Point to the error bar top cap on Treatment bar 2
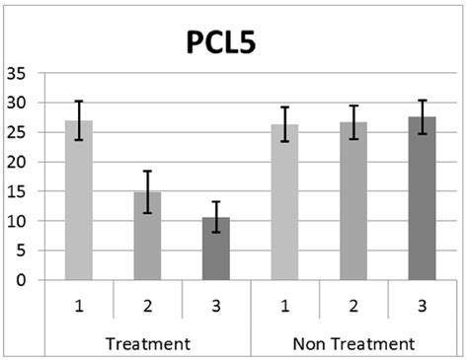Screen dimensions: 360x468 (x=148, y=171)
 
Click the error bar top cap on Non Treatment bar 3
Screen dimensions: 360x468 (x=422, y=101)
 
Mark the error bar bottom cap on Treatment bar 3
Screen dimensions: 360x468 (x=216, y=232)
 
